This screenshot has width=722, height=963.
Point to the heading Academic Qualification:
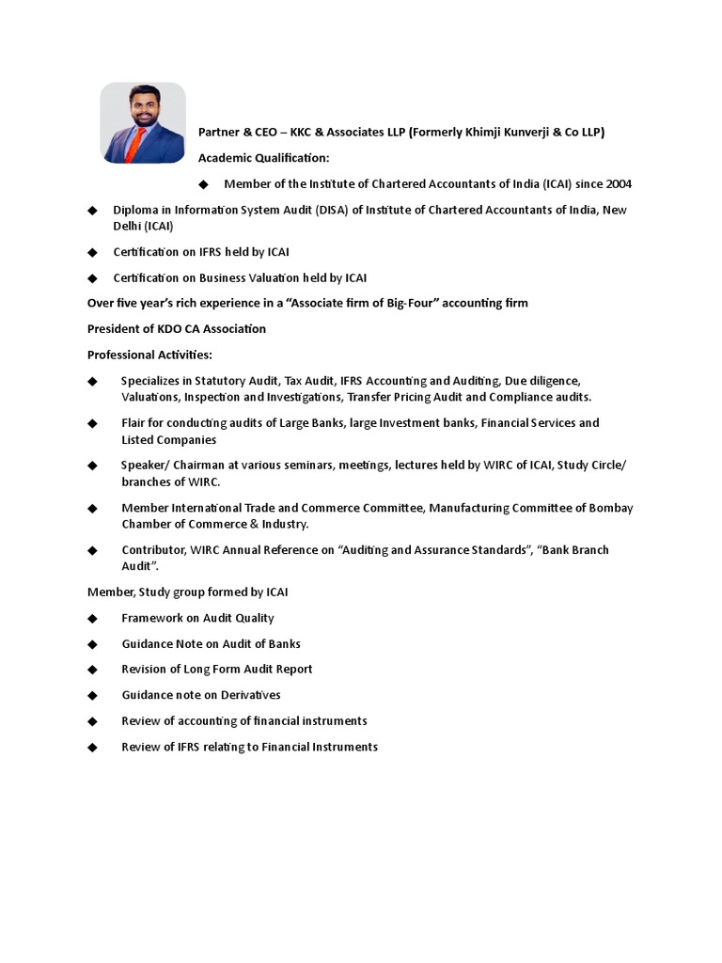pos(263,158)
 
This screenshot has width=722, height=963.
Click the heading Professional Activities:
pos(149,355)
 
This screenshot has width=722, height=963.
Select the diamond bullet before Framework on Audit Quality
pos(92,618)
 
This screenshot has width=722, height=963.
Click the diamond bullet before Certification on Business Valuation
pos(92,277)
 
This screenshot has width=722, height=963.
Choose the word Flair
pos(134,423)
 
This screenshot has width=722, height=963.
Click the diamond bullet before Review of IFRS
pos(92,747)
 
